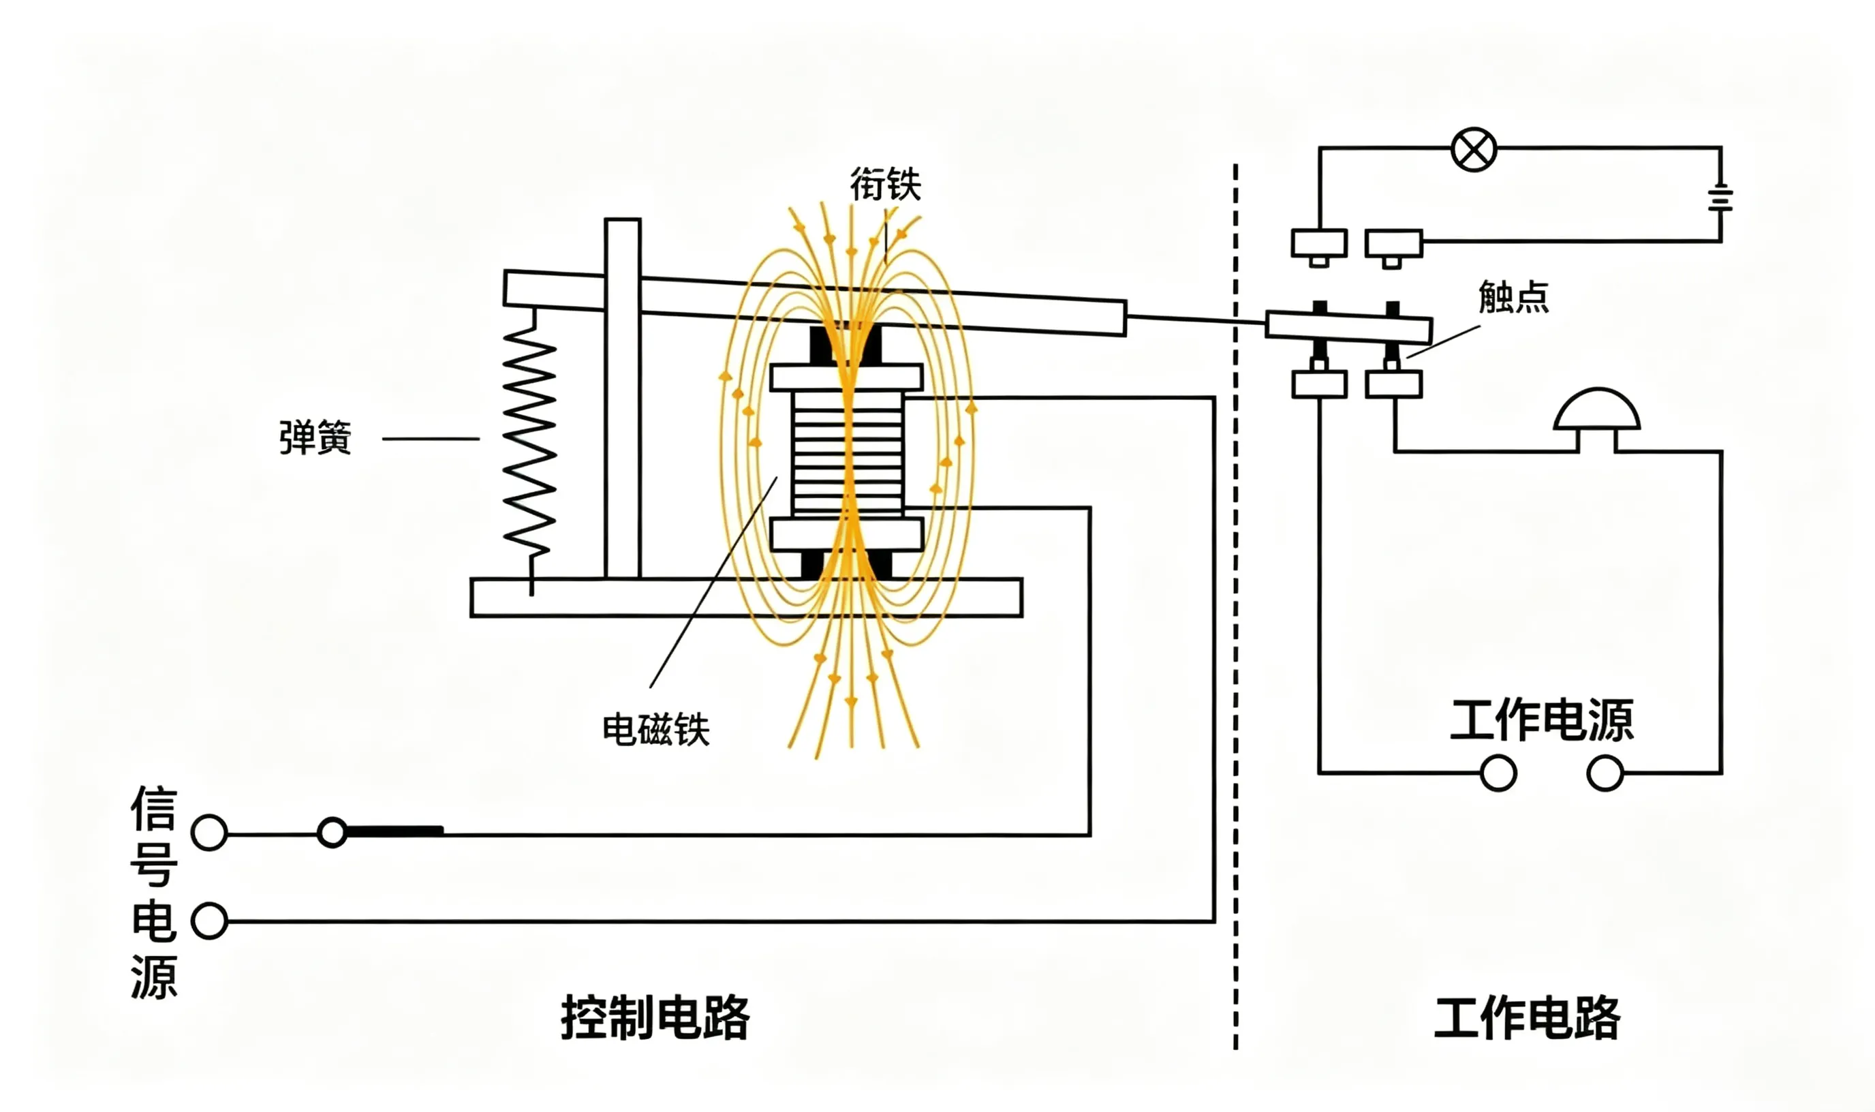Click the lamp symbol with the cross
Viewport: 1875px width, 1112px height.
coord(1474,149)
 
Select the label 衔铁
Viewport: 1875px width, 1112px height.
coord(886,185)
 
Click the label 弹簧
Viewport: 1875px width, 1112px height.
coord(315,438)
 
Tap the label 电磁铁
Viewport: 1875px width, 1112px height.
coord(655,729)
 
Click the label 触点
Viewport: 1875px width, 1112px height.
coord(1513,296)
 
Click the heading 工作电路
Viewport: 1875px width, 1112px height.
coord(1528,1017)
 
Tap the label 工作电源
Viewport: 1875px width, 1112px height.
coord(1542,720)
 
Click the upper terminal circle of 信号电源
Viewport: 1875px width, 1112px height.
coord(209,833)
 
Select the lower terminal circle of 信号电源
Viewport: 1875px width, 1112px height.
coord(209,921)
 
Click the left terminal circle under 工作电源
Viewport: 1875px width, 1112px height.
coord(1498,773)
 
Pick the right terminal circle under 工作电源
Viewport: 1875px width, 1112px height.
coord(1605,773)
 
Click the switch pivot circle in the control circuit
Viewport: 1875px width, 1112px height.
coord(332,832)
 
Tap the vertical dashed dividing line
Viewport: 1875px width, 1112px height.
coord(1235,607)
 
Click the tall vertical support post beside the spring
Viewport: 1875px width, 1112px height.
coord(623,399)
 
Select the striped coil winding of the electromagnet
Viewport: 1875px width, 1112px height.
coord(848,453)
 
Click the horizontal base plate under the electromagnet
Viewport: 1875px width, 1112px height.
coord(746,597)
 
